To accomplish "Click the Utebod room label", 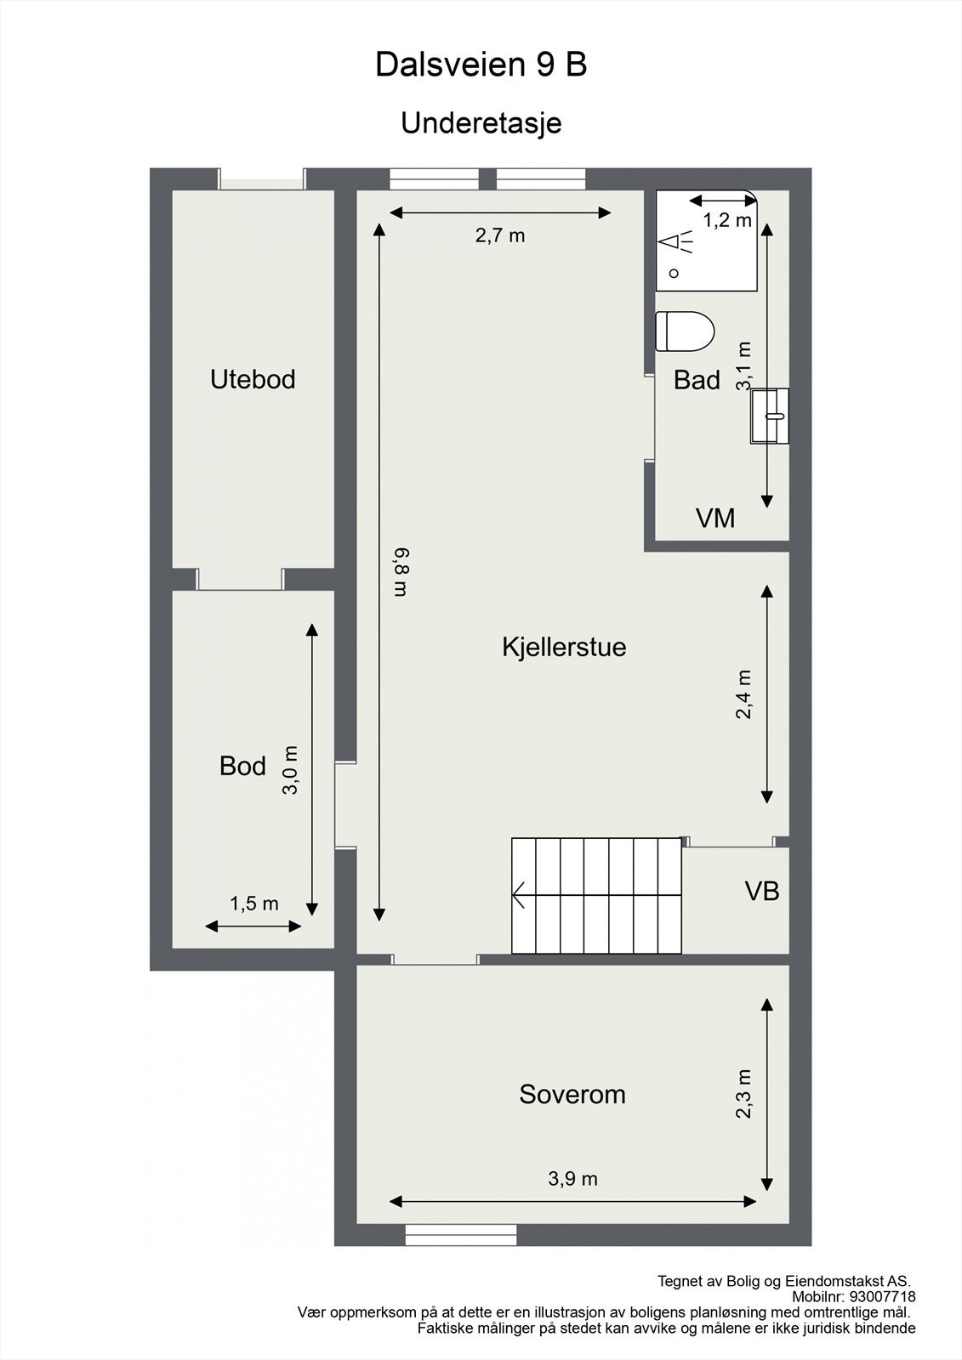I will pos(253,379).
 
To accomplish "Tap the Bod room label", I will pos(242,766).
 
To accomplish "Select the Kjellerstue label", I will pos(564,647).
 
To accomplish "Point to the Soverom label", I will pos(572,1094).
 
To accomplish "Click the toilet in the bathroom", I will pos(685,331).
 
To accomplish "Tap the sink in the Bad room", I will pos(770,416).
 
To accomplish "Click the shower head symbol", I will pos(676,243).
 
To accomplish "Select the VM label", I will pos(715,518).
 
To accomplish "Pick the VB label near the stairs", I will pos(762,891).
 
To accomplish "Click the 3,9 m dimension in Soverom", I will pos(572,1179).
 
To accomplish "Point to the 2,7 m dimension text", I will pos(500,235).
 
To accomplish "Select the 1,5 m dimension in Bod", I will pos(253,904).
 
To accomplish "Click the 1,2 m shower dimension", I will pos(727,220).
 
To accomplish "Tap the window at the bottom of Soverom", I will pos(461,1235).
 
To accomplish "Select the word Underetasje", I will pos(481,123).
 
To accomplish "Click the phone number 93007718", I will pos(883,1297).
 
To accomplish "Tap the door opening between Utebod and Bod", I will pos(240,580).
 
